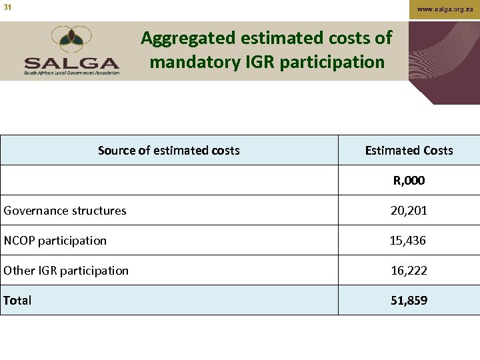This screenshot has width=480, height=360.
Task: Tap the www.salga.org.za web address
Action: (445, 9)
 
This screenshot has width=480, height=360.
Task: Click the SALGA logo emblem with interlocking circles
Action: (72, 40)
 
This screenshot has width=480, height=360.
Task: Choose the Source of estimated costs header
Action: (169, 150)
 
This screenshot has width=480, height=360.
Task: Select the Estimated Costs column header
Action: (409, 150)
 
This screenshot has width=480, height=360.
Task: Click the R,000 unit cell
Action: (409, 180)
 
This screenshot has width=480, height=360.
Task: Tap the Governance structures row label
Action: (65, 211)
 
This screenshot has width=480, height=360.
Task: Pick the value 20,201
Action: (409, 211)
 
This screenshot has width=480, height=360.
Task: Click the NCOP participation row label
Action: (55, 241)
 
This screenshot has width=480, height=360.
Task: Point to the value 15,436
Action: (408, 241)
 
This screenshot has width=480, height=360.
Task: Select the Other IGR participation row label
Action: (66, 271)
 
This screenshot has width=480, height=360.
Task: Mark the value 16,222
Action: (409, 271)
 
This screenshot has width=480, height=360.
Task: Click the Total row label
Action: (17, 301)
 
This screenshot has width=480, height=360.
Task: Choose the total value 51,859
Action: (409, 301)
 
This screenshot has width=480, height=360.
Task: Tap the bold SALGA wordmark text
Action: (72, 63)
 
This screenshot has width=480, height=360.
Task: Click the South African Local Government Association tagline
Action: (72, 73)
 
